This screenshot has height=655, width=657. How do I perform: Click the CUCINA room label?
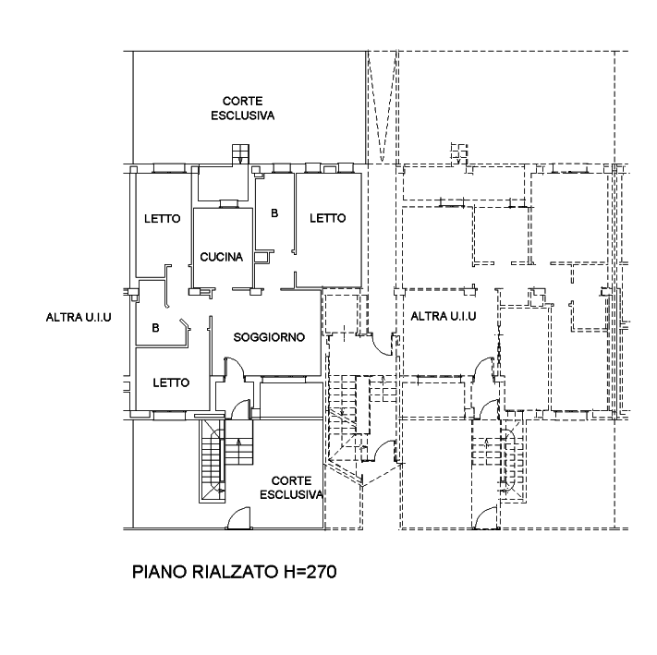(221, 257)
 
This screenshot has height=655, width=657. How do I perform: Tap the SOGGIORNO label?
(269, 337)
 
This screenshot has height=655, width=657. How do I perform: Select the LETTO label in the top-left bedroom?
(162, 219)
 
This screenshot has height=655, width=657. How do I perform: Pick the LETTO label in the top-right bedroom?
(328, 218)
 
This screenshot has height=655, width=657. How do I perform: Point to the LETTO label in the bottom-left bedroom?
(171, 382)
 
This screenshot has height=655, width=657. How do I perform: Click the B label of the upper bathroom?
(274, 213)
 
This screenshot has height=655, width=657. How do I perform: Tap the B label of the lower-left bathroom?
(155, 327)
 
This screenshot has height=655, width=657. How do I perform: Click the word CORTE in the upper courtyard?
(243, 101)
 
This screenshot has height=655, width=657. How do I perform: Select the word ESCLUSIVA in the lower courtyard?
(292, 494)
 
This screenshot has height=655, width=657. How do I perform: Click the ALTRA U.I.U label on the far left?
(79, 318)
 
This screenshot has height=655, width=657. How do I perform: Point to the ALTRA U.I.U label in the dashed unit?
(444, 316)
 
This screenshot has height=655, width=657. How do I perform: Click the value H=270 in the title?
(310, 572)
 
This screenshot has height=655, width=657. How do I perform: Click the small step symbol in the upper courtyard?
(240, 153)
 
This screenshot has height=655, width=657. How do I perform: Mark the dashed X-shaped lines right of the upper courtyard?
(383, 107)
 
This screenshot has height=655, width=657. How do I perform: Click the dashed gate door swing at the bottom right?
(487, 518)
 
